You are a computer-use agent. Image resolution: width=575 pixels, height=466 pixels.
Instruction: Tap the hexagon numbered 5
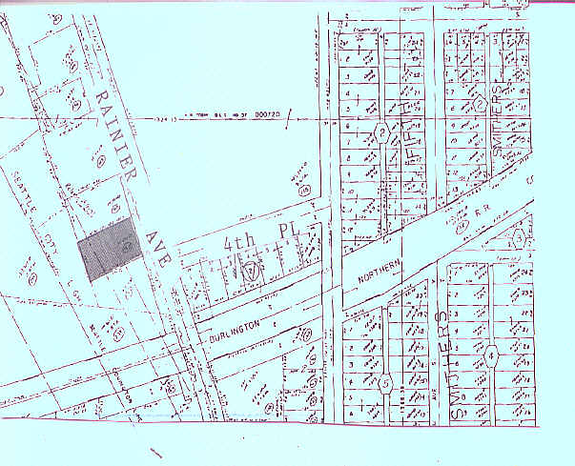385,384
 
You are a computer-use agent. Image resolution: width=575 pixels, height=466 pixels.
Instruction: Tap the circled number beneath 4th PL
250,273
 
